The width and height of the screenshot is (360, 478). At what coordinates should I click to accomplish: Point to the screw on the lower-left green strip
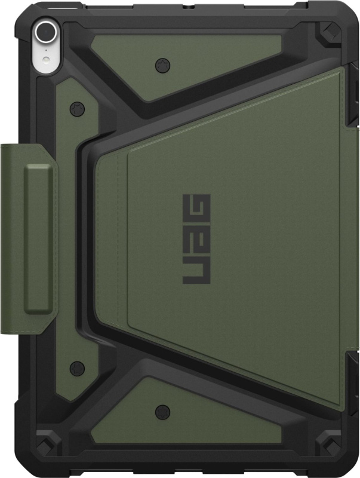coord(74,366)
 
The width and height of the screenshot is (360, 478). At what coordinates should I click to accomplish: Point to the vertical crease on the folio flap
coord(127,239)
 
